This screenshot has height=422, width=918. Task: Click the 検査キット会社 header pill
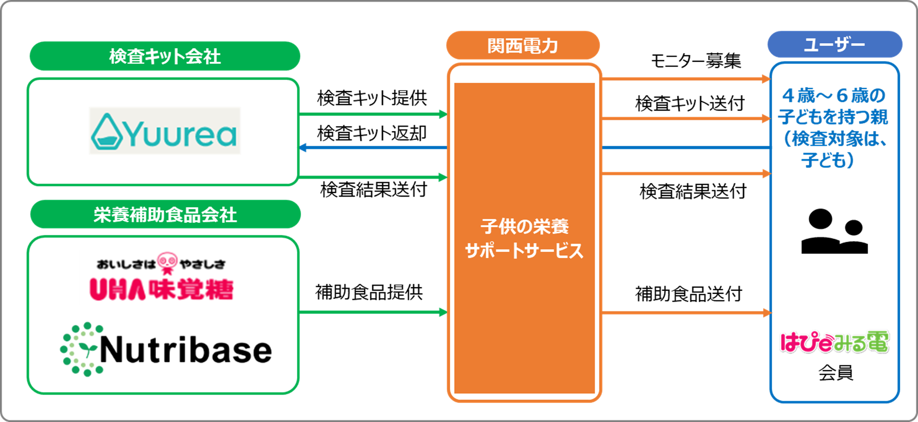[x=165, y=56]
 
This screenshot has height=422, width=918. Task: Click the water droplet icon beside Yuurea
[x=107, y=132]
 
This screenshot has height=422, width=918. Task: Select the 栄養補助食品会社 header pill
[x=165, y=215]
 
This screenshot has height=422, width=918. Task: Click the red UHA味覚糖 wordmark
[x=162, y=289]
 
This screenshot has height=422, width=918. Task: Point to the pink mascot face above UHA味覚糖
[x=167, y=262]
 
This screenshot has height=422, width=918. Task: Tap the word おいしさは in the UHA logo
[x=126, y=265]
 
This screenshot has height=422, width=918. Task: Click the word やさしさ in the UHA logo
[x=203, y=265]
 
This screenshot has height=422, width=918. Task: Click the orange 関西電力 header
[x=523, y=46]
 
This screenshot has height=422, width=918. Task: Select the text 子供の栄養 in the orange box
[x=524, y=226]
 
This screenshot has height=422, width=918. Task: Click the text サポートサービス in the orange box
[x=524, y=251]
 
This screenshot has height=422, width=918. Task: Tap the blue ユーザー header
[x=835, y=45]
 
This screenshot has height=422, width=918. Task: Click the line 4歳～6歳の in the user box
[x=834, y=95]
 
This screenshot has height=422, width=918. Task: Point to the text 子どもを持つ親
[x=833, y=117]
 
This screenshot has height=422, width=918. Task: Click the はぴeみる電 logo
[x=834, y=342]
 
